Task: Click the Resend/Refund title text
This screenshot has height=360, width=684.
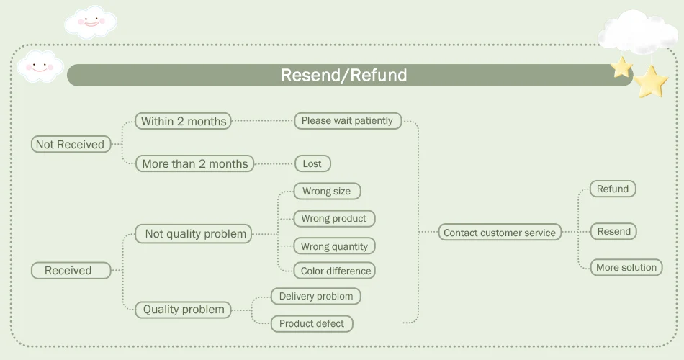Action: (x=343, y=75)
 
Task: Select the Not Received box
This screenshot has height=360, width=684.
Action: (x=71, y=144)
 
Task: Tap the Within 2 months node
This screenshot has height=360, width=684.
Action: (x=184, y=121)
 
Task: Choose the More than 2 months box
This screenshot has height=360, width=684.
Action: (x=194, y=163)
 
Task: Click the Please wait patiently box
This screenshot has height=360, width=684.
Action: (x=347, y=120)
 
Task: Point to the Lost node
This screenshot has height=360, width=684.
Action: (x=312, y=163)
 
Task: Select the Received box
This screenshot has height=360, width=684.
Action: (x=68, y=271)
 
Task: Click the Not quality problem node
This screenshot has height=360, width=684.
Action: (x=195, y=233)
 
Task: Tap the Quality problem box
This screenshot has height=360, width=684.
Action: (x=184, y=310)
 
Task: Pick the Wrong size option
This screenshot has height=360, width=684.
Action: (x=326, y=191)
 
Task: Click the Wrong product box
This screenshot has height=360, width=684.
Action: (x=333, y=218)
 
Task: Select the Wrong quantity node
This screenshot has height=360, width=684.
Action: (x=334, y=246)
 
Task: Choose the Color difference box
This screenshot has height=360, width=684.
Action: (x=336, y=271)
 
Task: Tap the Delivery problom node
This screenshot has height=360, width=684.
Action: (x=316, y=296)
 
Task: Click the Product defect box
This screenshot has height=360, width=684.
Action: (x=312, y=323)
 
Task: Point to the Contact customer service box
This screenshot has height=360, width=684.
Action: (x=500, y=233)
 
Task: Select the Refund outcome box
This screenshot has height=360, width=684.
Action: (x=613, y=189)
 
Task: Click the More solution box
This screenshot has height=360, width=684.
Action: (x=626, y=267)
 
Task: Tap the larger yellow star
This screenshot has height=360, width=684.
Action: (x=652, y=81)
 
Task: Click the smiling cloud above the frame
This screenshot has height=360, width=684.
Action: (x=89, y=22)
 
